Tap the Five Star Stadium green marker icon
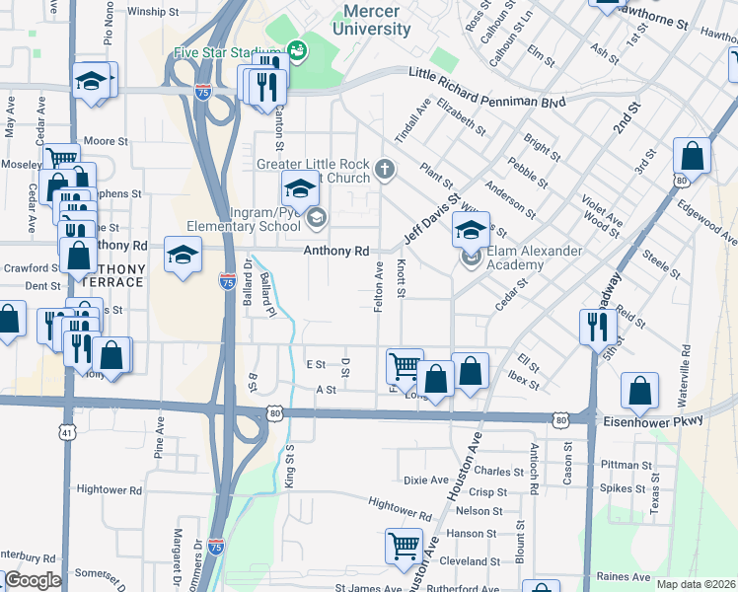297,48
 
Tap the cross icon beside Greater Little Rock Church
385,172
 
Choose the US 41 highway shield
65,432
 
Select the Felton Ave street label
379,287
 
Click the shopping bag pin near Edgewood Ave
692,155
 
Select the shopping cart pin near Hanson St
404,546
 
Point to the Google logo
33,580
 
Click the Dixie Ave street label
425,481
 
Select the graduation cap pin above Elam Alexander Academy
472,231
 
